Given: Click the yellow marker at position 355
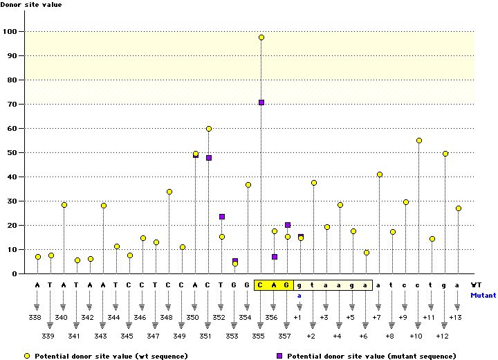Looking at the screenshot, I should point(261,37).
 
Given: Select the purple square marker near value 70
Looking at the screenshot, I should point(261,102).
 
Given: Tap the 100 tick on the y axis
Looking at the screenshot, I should point(12,31).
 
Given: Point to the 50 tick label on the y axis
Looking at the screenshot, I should point(12,152).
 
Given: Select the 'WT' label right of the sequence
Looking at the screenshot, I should point(476,285).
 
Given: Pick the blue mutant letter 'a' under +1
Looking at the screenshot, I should point(300,294).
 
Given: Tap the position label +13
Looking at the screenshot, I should point(455,317).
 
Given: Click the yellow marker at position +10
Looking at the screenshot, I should point(419,141).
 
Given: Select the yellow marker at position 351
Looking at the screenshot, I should point(209,129).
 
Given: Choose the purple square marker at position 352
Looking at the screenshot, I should point(222,217).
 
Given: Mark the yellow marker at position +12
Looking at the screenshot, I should point(445,154).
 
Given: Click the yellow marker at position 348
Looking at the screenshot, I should point(169,192).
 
